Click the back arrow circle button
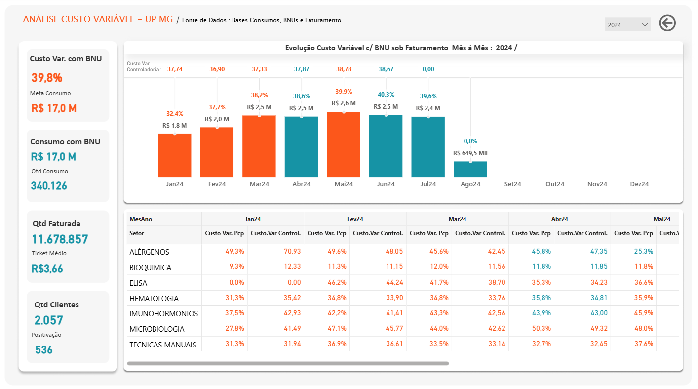tap(667, 23)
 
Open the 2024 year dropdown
tap(627, 25)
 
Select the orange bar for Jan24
tap(175, 156)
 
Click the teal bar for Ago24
tap(470, 170)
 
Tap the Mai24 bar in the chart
tap(344, 145)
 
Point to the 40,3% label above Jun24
tap(386, 95)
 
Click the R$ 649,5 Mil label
tap(470, 153)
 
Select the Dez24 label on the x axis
tap(639, 184)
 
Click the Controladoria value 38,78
tap(344, 69)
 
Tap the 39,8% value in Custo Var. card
tap(47, 78)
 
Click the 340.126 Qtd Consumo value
tap(49, 186)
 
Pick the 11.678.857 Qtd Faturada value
tap(60, 239)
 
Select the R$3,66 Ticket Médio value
tap(47, 268)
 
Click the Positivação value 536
tap(43, 350)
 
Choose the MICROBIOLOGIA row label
tap(157, 329)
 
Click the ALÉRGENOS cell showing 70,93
tap(292, 252)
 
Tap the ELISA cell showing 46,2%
tap(337, 283)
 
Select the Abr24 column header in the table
tap(559, 219)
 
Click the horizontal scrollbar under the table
tap(288, 363)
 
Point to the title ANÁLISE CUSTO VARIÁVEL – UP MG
tap(98, 19)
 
